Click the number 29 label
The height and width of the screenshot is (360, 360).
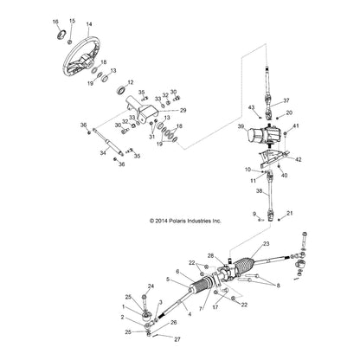(x=183, y=111)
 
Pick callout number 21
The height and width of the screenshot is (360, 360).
(x=290, y=213)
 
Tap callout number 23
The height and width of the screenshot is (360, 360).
(x=266, y=245)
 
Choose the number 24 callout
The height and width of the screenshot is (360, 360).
(x=151, y=286)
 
